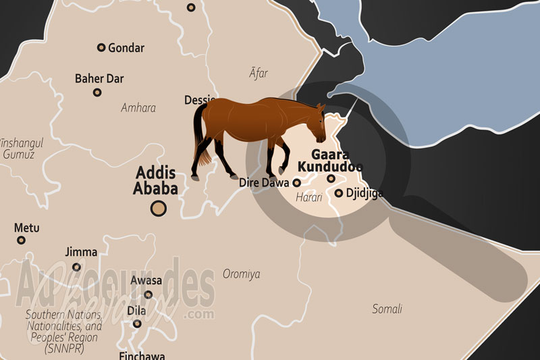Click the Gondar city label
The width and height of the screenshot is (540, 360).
point(126,48)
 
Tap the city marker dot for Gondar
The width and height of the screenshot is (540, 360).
point(101,47)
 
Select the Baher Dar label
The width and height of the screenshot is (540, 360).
point(99,79)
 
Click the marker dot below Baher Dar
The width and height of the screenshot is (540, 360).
point(97,92)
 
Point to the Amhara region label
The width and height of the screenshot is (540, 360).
point(138,108)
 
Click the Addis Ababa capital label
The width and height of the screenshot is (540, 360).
point(156,180)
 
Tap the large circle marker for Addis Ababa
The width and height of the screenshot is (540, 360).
point(159,209)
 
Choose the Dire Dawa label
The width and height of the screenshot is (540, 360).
point(265,182)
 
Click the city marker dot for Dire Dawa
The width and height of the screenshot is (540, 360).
point(296,182)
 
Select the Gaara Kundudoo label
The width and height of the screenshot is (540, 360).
point(330,160)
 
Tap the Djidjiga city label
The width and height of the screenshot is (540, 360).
point(364,193)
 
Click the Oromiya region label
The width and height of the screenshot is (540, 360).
point(241,274)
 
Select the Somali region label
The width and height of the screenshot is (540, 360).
point(387,309)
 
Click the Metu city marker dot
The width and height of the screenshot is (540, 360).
point(21,240)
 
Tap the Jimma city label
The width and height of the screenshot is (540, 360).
point(81,252)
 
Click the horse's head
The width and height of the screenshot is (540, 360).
point(317,119)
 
